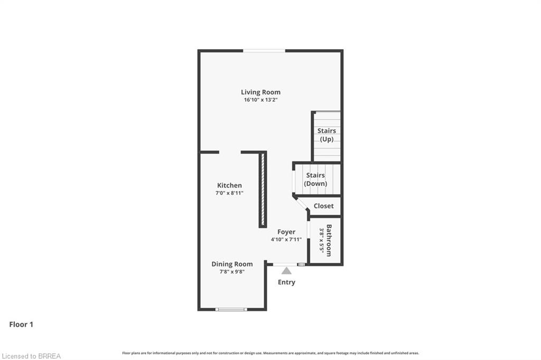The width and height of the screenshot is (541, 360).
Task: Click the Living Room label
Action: pyautogui.click(x=260, y=92)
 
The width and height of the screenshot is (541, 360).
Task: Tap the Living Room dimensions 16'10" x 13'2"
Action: pyautogui.click(x=260, y=100)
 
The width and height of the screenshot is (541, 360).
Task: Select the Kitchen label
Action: pyautogui.click(x=229, y=185)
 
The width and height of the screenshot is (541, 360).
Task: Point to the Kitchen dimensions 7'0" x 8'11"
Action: pyautogui.click(x=229, y=193)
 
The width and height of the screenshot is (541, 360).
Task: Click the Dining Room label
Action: pyautogui.click(x=232, y=264)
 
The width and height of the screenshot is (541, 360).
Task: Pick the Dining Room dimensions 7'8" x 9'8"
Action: pyautogui.click(x=232, y=272)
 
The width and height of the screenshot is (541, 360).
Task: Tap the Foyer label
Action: pyautogui.click(x=286, y=232)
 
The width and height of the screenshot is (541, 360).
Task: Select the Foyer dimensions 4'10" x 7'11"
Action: pyautogui.click(x=286, y=239)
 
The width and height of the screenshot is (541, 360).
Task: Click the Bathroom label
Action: pyautogui.click(x=329, y=240)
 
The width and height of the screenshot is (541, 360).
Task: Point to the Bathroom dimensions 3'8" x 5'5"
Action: pyautogui.click(x=321, y=241)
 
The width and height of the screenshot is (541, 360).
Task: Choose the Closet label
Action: pyautogui.click(x=324, y=206)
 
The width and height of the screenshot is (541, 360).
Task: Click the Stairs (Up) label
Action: pyautogui.click(x=327, y=135)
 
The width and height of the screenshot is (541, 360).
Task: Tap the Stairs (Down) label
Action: pyautogui.click(x=315, y=179)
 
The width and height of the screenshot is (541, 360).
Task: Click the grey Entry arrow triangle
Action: pyautogui.click(x=286, y=271)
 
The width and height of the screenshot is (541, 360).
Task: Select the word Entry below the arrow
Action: pyautogui.click(x=286, y=282)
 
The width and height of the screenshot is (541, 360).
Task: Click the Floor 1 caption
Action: pyautogui.click(x=21, y=325)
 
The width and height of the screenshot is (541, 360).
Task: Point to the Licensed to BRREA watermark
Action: pyautogui.click(x=31, y=356)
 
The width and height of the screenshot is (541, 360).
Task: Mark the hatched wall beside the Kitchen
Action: pyautogui.click(x=263, y=190)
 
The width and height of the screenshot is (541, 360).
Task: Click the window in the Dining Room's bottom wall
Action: pyautogui.click(x=231, y=309)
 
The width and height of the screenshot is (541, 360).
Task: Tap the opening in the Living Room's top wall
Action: pyautogui.click(x=264, y=51)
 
